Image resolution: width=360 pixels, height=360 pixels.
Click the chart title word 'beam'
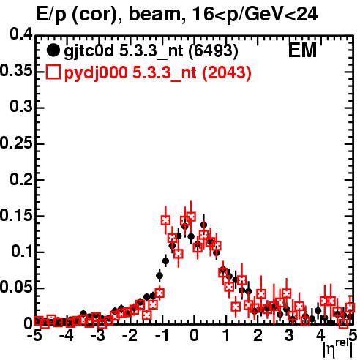tap(154, 14)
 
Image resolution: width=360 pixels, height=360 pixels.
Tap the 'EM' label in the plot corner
tap(302, 50)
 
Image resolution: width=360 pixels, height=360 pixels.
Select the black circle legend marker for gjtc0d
tap(53, 50)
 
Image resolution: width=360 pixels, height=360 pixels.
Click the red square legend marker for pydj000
tap(53, 72)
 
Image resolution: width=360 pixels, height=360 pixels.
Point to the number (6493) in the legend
tap(214, 50)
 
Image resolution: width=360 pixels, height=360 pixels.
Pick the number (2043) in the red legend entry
tap(227, 72)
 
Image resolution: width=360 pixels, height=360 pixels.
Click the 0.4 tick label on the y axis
tap(21, 34)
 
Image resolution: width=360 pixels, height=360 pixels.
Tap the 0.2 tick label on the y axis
tap(21, 179)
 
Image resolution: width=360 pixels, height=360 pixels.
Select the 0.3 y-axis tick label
tap(21, 107)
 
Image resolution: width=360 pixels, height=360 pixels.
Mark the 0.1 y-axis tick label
tap(22, 252)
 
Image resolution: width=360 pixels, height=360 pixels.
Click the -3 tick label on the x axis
tap(98, 336)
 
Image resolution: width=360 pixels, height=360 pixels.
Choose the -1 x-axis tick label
tap(162, 336)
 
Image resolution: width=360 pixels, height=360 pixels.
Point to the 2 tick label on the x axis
tap(258, 336)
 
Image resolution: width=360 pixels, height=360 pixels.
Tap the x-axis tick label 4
tap(321, 336)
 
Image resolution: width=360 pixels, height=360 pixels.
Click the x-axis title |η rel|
tap(338, 349)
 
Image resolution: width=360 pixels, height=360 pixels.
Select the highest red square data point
tap(191, 216)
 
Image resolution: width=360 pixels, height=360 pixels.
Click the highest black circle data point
tap(204, 225)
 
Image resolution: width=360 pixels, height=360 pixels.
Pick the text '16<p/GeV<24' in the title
tap(255, 15)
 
